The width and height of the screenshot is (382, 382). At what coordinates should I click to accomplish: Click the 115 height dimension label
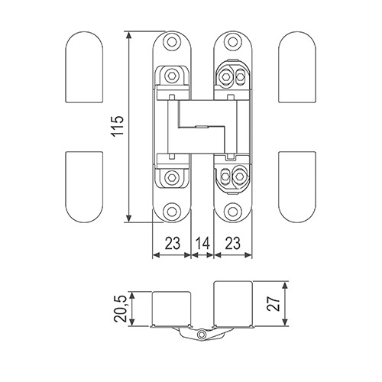click(x=118, y=127)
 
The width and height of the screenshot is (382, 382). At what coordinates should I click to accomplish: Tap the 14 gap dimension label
click(x=202, y=243)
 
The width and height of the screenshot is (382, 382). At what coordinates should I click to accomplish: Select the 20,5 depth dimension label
click(x=121, y=309)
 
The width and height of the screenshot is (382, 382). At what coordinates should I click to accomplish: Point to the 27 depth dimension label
click(x=274, y=303)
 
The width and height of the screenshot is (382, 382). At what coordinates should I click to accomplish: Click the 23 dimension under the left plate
click(x=173, y=243)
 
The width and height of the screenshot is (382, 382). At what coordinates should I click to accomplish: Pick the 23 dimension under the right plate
click(x=233, y=243)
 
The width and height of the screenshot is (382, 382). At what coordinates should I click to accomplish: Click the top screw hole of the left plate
click(x=172, y=42)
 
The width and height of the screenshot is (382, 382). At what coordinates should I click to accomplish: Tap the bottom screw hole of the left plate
click(x=172, y=211)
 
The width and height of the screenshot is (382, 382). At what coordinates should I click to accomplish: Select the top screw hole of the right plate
click(x=232, y=42)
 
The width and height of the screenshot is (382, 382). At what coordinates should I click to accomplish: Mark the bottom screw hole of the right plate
click(x=232, y=211)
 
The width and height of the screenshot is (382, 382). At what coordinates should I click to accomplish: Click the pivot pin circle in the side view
click(x=202, y=335)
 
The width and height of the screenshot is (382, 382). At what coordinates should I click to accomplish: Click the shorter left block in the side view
click(x=171, y=309)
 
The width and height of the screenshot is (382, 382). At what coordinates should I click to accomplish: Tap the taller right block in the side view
click(x=233, y=303)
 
